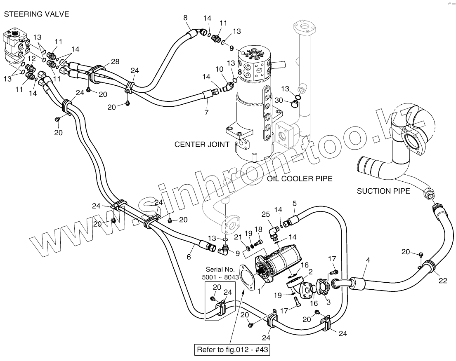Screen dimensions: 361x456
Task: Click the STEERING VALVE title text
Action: [36, 14]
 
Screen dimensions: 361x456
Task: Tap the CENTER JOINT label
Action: [202, 145]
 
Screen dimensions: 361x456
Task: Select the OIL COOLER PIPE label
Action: [300, 179]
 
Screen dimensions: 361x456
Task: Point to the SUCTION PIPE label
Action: [383, 191]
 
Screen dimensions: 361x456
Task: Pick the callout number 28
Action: [115, 62]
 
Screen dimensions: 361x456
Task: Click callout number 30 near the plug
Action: [279, 100]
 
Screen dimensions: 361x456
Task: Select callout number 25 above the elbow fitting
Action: [266, 214]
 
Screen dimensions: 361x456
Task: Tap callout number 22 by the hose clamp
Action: [443, 281]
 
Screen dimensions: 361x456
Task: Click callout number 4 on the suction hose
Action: [368, 260]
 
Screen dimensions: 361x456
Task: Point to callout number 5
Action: [295, 203]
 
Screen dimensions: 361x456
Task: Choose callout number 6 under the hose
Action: [189, 256]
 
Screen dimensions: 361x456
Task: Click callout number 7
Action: [206, 112]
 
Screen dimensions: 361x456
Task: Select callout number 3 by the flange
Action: [328, 302]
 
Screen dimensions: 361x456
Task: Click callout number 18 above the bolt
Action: [258, 229]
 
